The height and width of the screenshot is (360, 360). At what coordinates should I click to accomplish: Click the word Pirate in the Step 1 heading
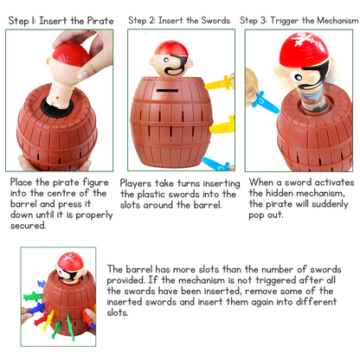(x=100, y=21)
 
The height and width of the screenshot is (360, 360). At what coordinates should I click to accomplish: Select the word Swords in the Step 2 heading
(x=215, y=21)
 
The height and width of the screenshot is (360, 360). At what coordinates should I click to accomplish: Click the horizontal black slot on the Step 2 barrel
(x=167, y=91)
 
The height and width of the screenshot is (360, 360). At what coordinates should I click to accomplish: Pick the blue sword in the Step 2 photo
(x=215, y=164)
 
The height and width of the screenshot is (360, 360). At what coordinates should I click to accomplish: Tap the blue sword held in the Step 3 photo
(x=265, y=102)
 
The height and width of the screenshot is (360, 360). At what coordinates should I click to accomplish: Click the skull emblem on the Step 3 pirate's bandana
(x=301, y=39)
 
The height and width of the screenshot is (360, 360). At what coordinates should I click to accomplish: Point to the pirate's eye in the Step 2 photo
(x=166, y=60)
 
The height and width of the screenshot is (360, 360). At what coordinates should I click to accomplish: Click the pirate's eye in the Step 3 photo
(x=299, y=77)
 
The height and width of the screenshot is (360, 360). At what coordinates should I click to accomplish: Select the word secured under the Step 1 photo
(x=29, y=225)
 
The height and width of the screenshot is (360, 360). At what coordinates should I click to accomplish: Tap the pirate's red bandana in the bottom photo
(x=70, y=260)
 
